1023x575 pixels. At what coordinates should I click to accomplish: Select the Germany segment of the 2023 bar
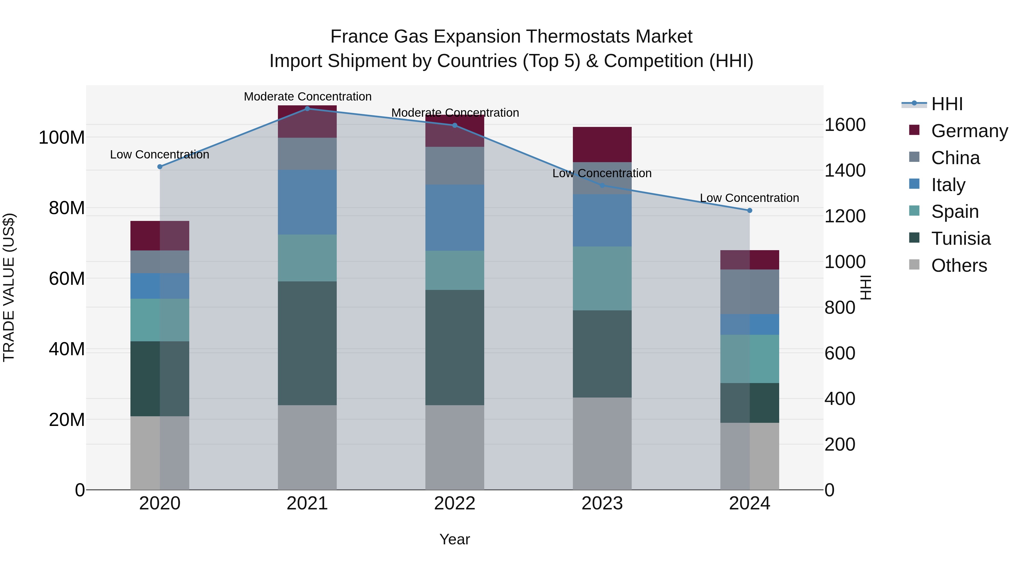click(x=602, y=145)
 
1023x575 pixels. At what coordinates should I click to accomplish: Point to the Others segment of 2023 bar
click(x=602, y=443)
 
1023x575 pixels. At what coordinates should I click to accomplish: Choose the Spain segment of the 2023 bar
click(x=602, y=278)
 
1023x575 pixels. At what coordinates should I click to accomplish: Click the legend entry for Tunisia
click(x=961, y=239)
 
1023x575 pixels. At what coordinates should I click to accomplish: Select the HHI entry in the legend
click(x=947, y=104)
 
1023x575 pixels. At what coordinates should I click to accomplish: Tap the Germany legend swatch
click(x=914, y=130)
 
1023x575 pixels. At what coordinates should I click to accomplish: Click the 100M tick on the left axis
click(x=62, y=138)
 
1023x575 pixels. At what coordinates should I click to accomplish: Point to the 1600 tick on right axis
click(x=845, y=125)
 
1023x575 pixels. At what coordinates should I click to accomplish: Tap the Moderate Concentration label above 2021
click(x=307, y=97)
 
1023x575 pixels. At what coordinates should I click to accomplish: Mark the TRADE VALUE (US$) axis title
click(x=9, y=287)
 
